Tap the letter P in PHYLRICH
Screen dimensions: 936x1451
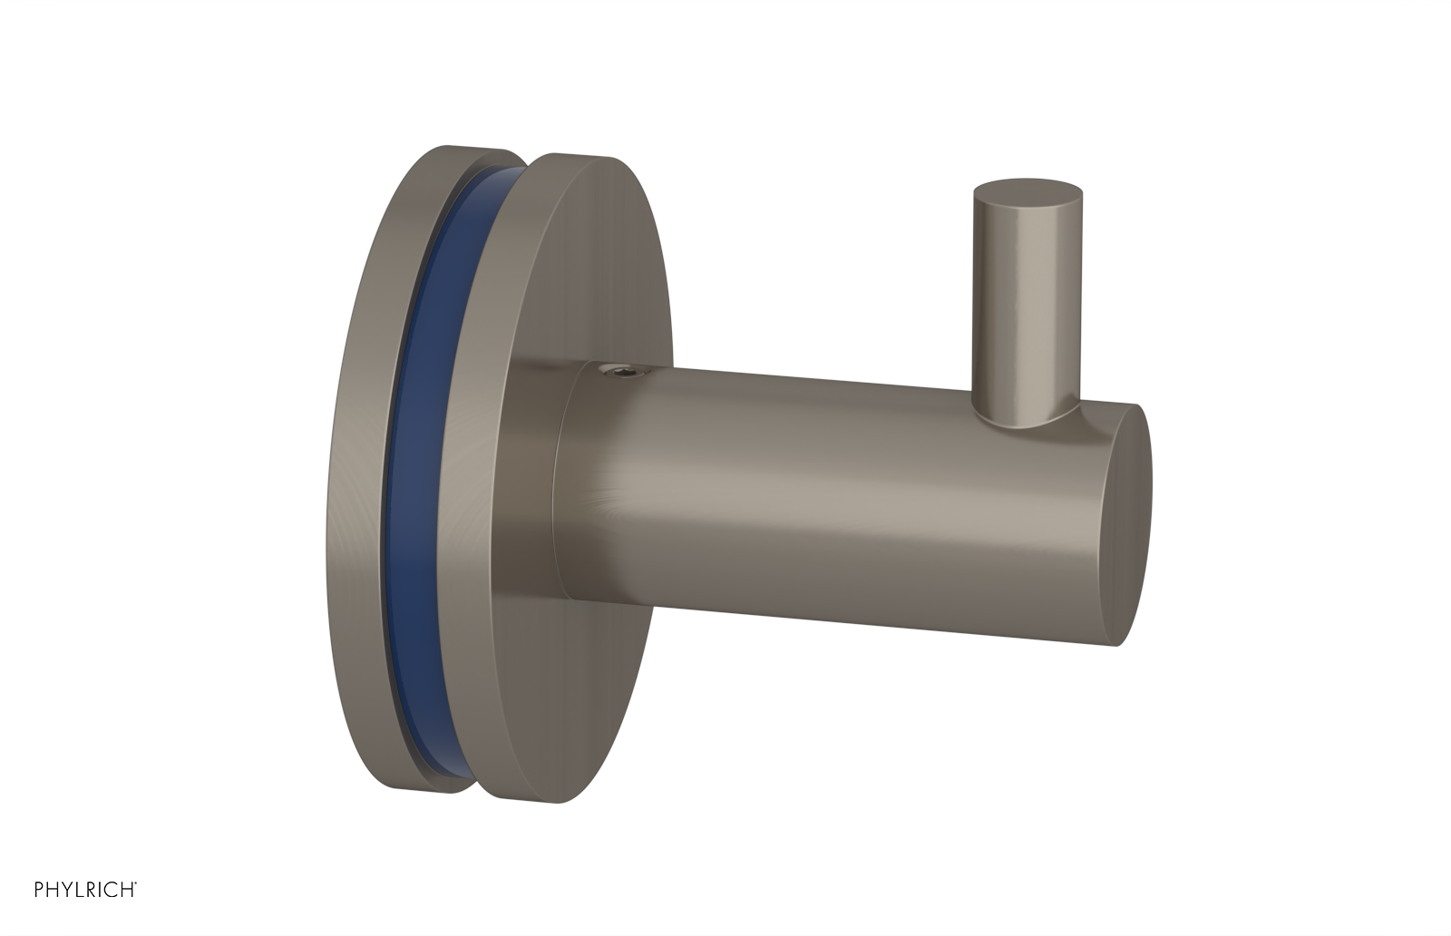39,890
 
